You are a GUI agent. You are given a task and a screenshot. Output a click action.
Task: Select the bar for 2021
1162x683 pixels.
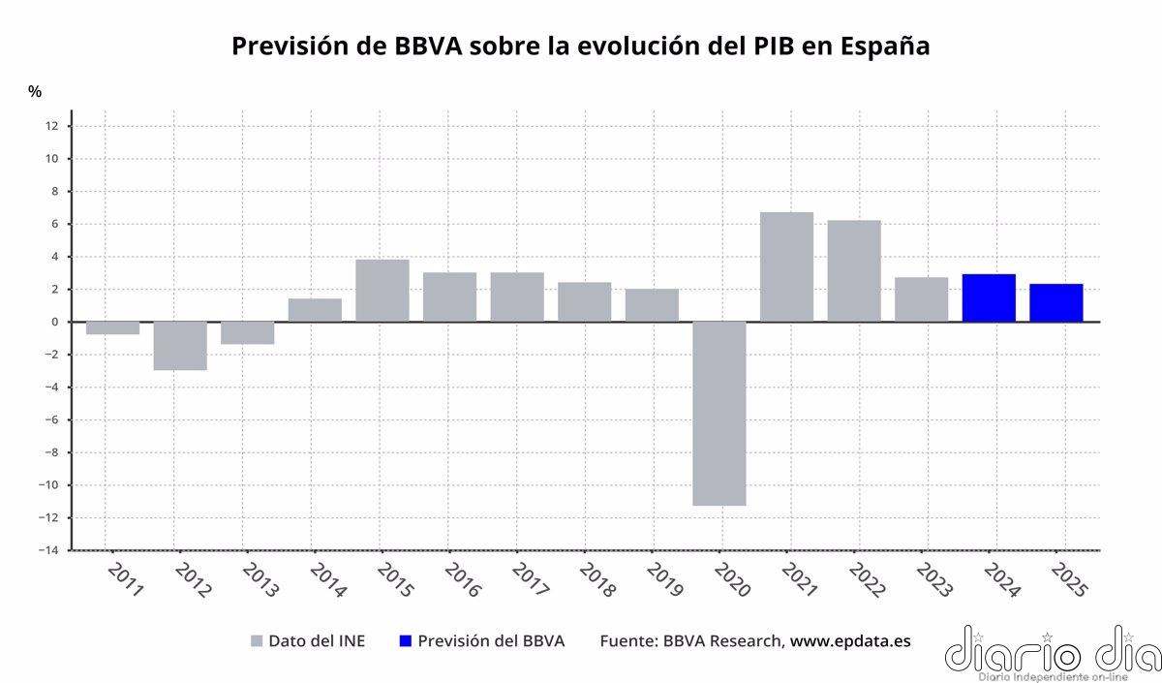(x=786, y=266)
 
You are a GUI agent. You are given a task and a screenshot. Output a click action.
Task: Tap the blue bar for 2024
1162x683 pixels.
(x=989, y=297)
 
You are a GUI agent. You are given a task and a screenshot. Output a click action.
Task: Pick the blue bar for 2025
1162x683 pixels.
(x=1055, y=302)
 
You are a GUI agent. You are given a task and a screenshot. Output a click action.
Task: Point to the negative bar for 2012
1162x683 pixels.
(x=180, y=346)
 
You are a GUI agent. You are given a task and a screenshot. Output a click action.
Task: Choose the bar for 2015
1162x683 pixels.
(x=382, y=291)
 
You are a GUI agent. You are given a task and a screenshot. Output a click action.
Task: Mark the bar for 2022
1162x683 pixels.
(x=854, y=271)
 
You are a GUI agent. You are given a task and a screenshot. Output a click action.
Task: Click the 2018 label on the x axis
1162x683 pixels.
(x=596, y=580)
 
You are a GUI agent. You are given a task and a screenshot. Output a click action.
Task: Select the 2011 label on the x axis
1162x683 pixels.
(x=125, y=580)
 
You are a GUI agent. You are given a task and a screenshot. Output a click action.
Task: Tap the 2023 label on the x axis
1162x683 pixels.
(x=933, y=580)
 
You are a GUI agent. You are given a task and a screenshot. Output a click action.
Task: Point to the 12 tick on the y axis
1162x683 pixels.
(x=52, y=126)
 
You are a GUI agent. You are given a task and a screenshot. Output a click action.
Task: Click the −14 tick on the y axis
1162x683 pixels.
(x=48, y=550)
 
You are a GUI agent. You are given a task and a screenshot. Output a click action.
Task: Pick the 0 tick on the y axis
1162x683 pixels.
(x=55, y=322)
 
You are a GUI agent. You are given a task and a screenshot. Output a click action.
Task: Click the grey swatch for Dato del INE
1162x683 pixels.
(x=257, y=641)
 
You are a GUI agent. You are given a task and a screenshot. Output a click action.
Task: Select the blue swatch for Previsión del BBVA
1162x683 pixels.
(x=406, y=641)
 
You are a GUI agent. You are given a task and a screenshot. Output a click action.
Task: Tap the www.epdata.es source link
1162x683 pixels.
(x=850, y=641)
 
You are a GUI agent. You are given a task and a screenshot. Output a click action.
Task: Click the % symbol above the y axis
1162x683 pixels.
(x=35, y=92)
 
